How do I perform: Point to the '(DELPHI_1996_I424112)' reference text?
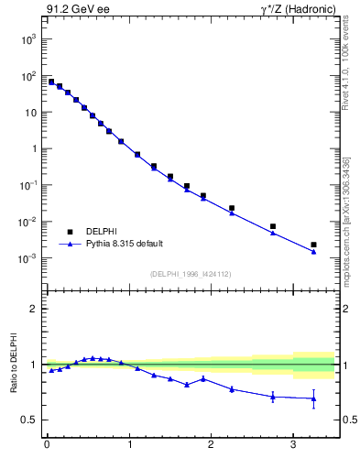[190, 273]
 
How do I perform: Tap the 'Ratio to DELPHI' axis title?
[15, 364]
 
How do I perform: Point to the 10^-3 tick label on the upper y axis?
[26, 258]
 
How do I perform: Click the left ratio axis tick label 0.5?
[29, 420]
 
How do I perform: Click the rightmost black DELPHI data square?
[313, 245]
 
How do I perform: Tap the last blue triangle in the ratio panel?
[313, 398]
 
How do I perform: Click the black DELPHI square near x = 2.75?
[272, 226]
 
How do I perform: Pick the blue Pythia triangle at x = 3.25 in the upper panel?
[313, 252]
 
